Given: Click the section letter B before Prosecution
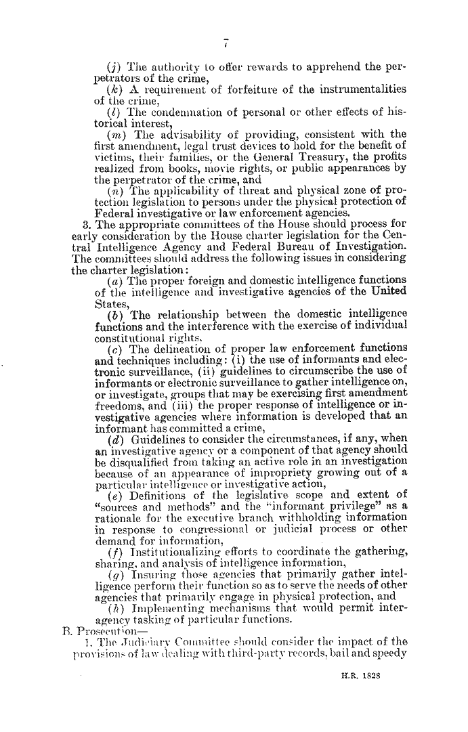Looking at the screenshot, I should click(x=57, y=635).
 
